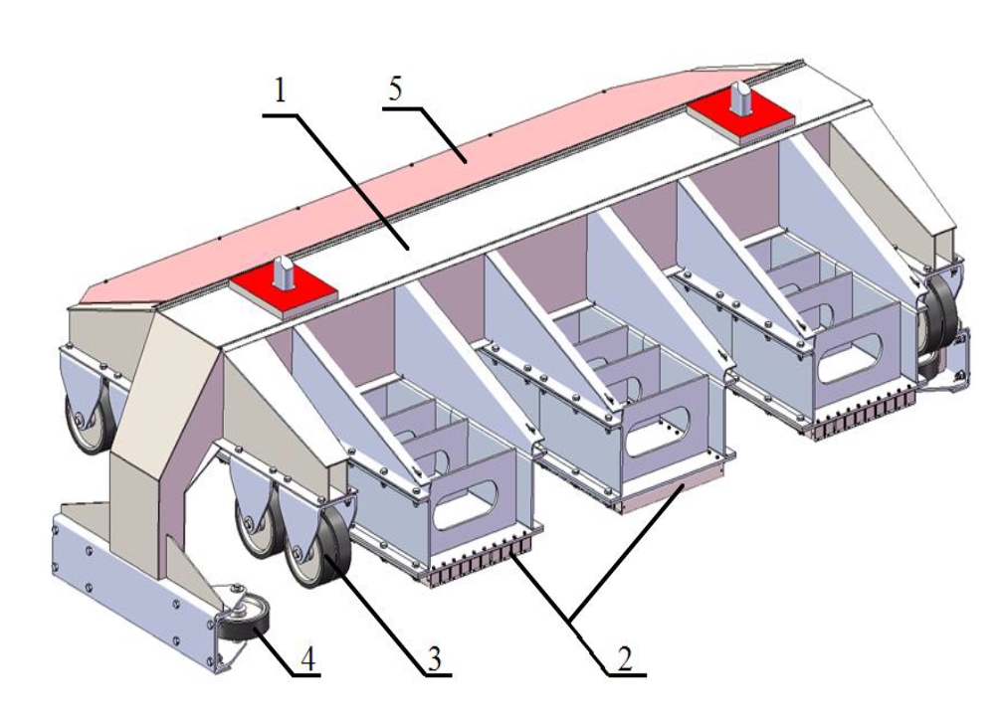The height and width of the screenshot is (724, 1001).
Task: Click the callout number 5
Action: coord(396,90)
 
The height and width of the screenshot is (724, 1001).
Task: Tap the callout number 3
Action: coord(432,658)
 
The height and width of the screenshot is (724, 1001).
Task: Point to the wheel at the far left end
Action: coord(84,418)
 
